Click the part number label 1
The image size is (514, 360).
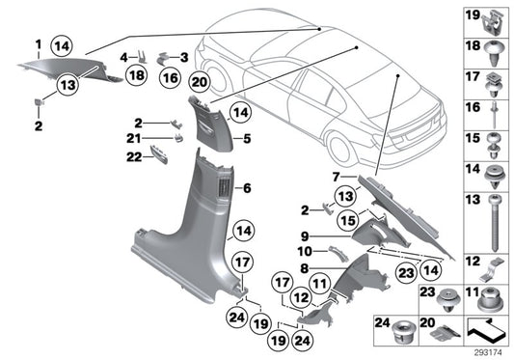point(38,44)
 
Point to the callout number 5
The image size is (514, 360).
point(247,139)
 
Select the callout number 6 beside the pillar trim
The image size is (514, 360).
point(247,188)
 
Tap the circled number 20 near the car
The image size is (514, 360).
point(199,82)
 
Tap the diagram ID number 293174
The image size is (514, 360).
point(490,351)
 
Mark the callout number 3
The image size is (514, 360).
point(185,57)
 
